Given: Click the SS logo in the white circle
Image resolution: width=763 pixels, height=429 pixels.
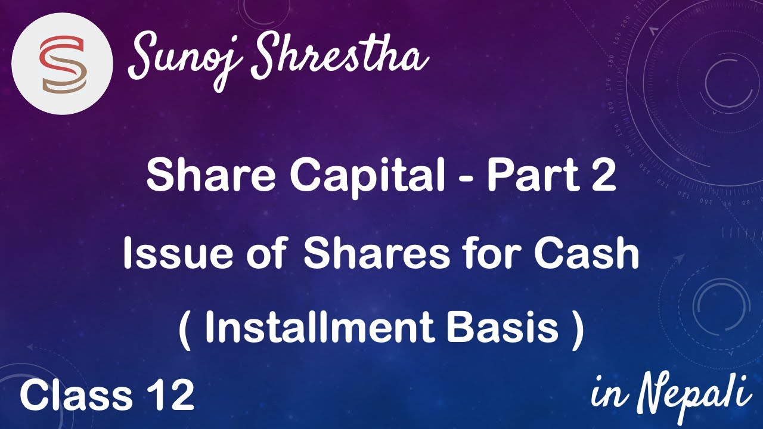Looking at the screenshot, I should click(62, 64).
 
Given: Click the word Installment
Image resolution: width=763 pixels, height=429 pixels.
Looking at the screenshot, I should click(317, 329).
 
